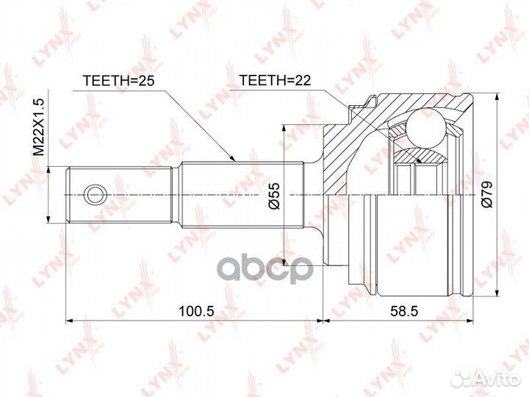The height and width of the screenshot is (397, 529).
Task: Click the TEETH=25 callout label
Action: coord(118,81)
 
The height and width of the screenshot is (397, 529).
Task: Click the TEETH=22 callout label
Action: coord(275,80)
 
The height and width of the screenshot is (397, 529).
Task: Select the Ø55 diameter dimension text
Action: coord(275,196)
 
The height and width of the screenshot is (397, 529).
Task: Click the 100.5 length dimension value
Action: coord(196,311)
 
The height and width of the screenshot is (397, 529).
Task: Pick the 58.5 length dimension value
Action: coord(404,311)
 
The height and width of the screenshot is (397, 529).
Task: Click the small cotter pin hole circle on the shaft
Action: coord(95,195)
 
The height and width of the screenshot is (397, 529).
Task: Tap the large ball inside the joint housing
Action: coord(425,129)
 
